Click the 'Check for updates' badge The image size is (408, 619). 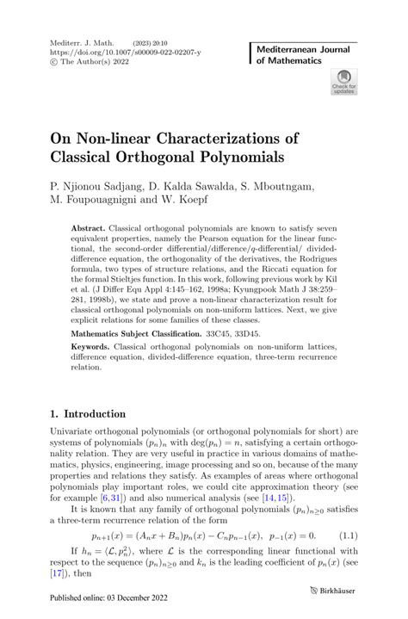pos(343,84)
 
